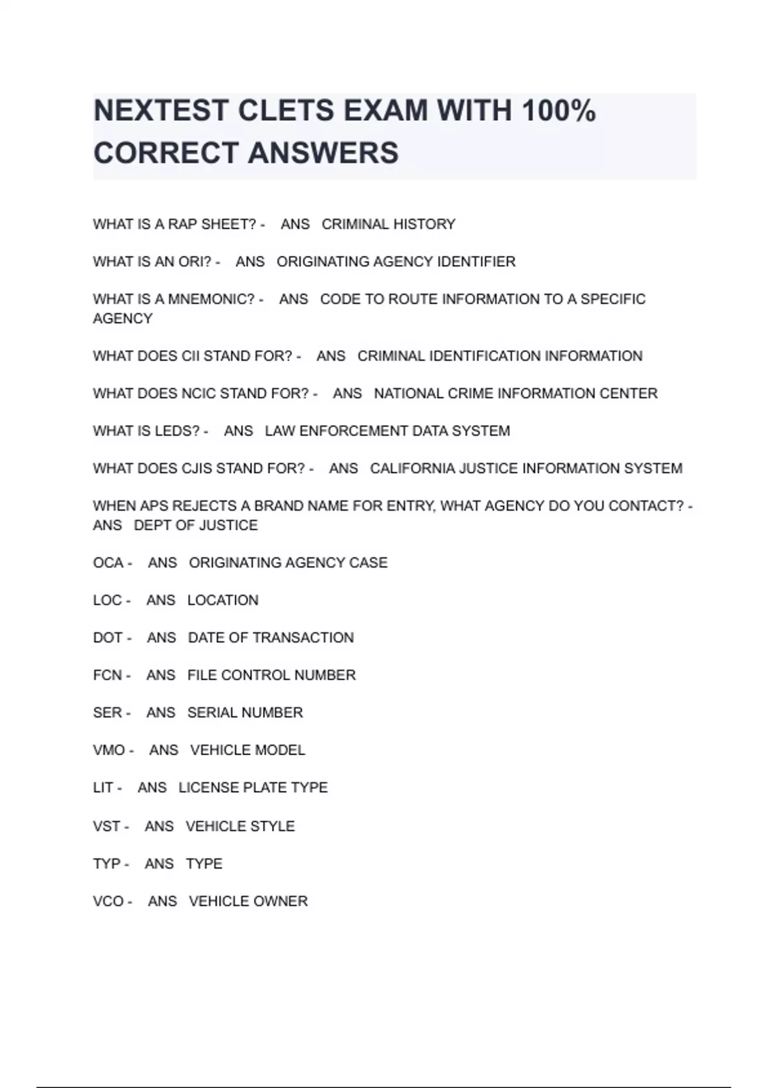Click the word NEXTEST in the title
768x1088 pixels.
161,111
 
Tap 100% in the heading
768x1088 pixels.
559,111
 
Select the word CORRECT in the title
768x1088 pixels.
165,153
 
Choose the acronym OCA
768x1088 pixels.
108,563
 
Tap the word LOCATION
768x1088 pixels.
223,600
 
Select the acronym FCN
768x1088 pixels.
107,675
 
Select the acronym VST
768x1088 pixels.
106,826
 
